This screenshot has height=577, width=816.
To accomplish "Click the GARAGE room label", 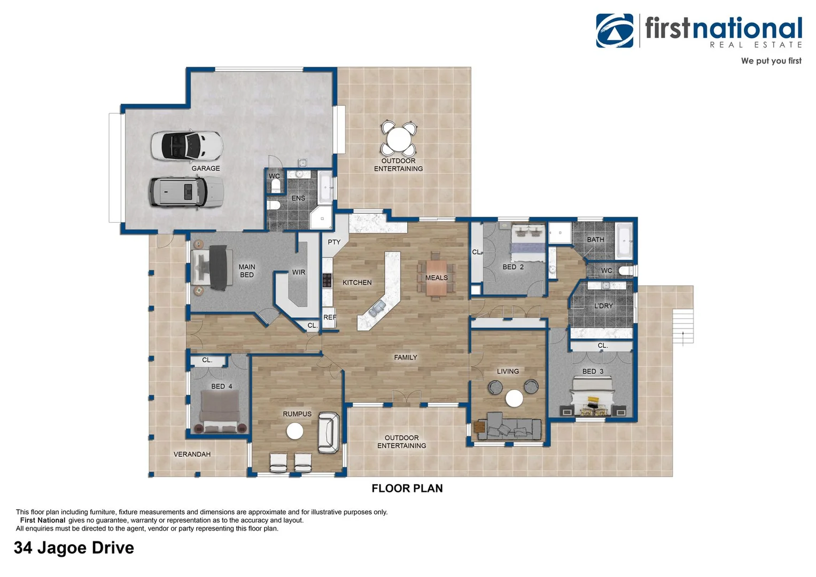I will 206,168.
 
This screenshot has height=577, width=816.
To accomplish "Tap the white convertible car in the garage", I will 186,145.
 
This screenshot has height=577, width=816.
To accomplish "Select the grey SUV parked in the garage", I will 185,191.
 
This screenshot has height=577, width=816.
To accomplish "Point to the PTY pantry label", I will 334,242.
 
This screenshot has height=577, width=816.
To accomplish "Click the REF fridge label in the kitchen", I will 330,317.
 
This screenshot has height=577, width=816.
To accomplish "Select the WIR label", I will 299,272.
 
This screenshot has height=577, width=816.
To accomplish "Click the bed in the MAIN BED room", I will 212,267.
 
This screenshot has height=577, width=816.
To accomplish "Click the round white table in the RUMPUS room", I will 294,431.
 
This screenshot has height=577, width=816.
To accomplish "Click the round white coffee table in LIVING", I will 514,398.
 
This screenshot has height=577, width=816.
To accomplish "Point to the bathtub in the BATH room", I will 624,241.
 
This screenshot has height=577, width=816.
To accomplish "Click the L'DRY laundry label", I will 603,306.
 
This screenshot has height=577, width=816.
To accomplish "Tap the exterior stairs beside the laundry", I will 682,326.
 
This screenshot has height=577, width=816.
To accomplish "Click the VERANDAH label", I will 192,454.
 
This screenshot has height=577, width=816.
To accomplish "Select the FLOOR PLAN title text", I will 407,488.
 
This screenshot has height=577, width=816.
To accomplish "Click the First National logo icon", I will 615,31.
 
